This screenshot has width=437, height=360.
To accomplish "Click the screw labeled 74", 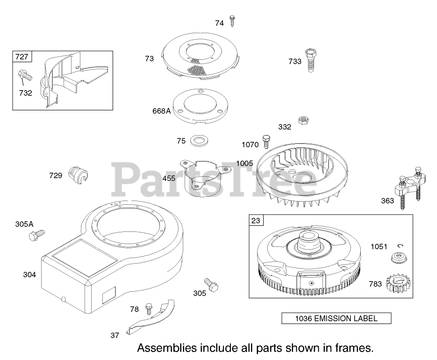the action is coord(232,21).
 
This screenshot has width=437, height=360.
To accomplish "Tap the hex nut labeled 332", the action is coord(303,121).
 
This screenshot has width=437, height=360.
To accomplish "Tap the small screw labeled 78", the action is coord(149,309).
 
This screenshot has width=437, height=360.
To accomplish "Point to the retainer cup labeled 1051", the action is coord(398,258).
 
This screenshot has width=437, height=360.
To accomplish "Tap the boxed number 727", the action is coord(21,57).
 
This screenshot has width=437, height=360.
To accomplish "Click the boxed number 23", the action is coord(256,221).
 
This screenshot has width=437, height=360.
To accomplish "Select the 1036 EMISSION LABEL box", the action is coord(336,319).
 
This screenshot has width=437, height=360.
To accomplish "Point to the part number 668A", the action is coord(161,111).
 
